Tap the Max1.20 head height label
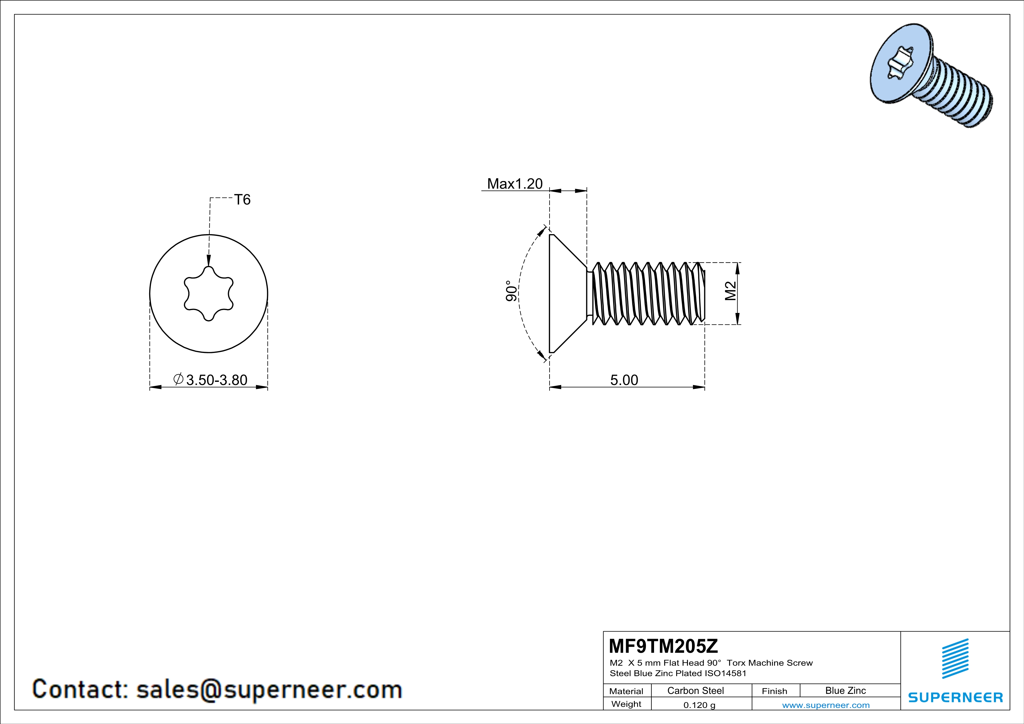[x=515, y=184]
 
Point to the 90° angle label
[x=512, y=291]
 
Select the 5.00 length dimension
[x=624, y=380]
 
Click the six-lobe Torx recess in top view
[x=209, y=293]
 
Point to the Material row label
[x=626, y=691]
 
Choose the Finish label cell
[x=774, y=691]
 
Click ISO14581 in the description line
[x=725, y=673]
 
